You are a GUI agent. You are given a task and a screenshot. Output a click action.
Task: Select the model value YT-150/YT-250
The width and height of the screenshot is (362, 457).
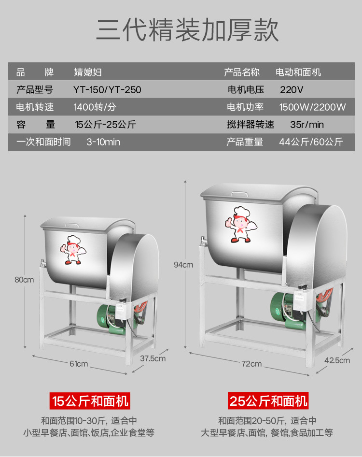[107, 90]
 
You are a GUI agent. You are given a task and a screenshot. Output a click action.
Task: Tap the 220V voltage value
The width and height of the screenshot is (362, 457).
[292, 90]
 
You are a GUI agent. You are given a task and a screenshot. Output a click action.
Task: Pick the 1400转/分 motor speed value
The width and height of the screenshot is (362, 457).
[95, 107]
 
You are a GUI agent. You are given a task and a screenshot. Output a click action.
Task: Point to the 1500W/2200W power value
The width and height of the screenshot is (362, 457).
[312, 107]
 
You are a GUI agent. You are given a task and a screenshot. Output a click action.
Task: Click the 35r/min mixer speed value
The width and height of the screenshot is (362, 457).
[307, 125]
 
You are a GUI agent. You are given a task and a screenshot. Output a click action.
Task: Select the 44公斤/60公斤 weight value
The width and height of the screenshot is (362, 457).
[311, 142]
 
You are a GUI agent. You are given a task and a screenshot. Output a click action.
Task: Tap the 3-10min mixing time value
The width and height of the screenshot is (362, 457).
[103, 142]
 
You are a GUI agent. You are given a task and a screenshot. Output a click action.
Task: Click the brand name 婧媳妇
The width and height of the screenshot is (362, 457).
[87, 72]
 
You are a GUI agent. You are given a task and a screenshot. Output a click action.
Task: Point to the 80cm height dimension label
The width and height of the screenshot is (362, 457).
[24, 280]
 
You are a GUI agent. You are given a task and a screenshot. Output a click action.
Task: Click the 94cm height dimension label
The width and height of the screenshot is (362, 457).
[183, 264]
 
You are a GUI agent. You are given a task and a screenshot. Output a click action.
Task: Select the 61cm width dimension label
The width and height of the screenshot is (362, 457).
[79, 363]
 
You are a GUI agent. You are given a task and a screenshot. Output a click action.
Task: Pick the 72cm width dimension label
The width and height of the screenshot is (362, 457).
[252, 364]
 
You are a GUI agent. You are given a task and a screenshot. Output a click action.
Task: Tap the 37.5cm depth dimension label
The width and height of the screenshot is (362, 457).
[153, 358]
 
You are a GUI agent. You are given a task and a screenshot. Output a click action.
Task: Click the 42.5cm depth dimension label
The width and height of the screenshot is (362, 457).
[337, 360]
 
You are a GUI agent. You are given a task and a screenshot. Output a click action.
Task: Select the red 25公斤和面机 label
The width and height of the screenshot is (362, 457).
[268, 400]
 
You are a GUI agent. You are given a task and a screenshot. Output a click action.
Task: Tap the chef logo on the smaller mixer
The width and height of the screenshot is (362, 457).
[72, 249]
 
